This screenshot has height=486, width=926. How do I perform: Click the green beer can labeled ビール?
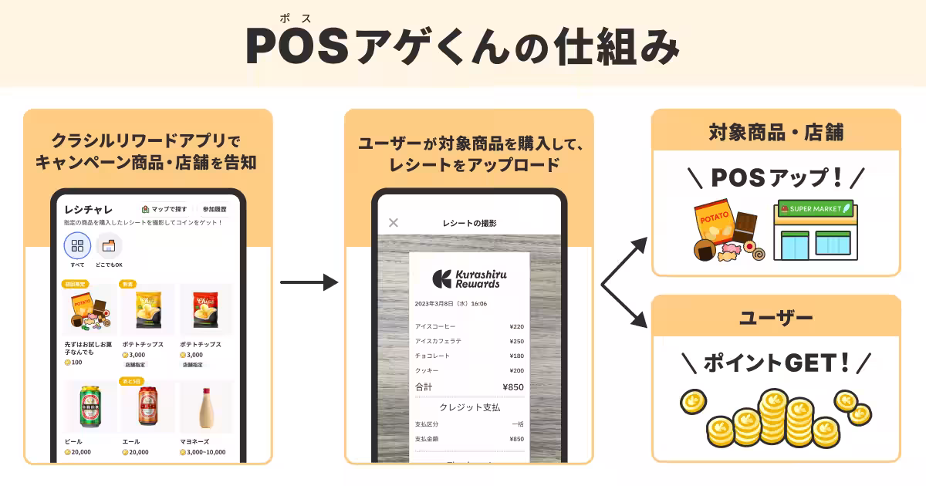pos(90,407)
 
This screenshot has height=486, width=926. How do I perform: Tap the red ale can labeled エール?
pos(148,407)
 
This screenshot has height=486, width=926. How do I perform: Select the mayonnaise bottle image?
pos(206,407)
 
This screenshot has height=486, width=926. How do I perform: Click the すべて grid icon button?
pos(77,246)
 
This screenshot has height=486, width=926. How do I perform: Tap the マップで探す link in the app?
pos(164,209)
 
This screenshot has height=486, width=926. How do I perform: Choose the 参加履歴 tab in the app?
pos(215,209)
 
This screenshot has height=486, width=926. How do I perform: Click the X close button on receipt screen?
pos(394,223)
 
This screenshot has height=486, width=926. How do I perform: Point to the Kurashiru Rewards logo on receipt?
pos(469,278)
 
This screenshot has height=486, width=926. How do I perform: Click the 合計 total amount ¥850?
pos(512,386)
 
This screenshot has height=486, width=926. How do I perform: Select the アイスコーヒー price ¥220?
pos(516,326)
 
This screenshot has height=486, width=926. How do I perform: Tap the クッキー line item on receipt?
pos(426,370)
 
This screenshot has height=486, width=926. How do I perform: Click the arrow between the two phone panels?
pos(309,282)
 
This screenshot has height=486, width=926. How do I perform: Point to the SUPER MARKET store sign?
pos(816,208)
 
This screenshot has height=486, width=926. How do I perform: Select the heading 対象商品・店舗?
pos(776,133)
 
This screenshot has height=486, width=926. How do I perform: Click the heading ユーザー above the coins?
pos(776,318)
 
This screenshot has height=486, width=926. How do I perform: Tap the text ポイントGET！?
pos(776,362)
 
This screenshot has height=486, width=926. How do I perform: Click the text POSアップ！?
pos(776,177)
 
